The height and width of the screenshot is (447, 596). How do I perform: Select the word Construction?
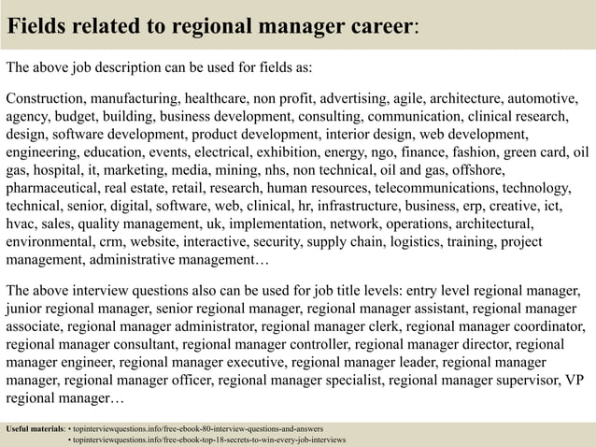[x=49, y=98]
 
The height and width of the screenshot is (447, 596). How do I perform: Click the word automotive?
[x=543, y=98]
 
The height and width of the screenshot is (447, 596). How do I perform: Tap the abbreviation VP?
[x=575, y=380]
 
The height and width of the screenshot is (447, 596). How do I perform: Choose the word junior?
[x=25, y=309]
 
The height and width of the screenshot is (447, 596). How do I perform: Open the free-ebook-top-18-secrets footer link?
[x=210, y=439]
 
